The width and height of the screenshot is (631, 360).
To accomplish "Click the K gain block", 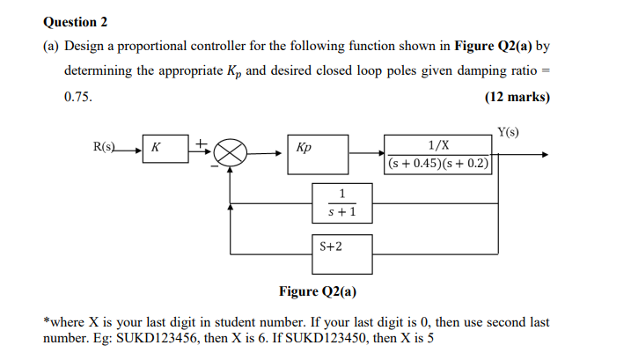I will click(163, 149).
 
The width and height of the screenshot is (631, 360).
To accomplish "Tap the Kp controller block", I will click(316, 149).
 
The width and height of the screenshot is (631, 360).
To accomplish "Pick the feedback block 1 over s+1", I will click(341, 202).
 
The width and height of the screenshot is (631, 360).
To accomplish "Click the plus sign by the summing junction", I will click(201, 141).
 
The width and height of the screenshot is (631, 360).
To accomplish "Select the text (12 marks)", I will click(517, 97).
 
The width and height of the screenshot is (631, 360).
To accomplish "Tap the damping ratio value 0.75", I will click(77, 97).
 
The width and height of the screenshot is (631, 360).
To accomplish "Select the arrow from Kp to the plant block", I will click(365, 154).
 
